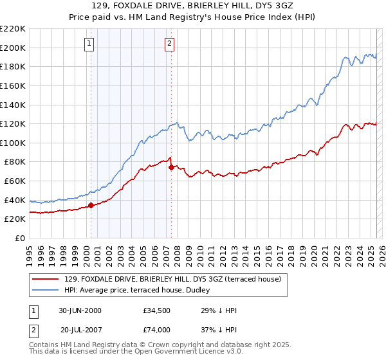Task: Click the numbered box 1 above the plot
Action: tap(88, 44)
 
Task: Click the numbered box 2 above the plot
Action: tap(169, 44)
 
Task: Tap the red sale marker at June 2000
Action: tap(91, 206)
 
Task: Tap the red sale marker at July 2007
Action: tap(171, 168)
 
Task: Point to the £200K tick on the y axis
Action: tap(14, 48)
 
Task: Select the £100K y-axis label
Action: tap(14, 143)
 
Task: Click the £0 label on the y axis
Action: tap(19, 238)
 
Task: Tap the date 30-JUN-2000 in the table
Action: tap(80, 311)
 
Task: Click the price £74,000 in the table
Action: tap(157, 330)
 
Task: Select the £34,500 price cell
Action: tap(157, 311)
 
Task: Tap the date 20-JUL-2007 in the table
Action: tap(80, 330)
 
